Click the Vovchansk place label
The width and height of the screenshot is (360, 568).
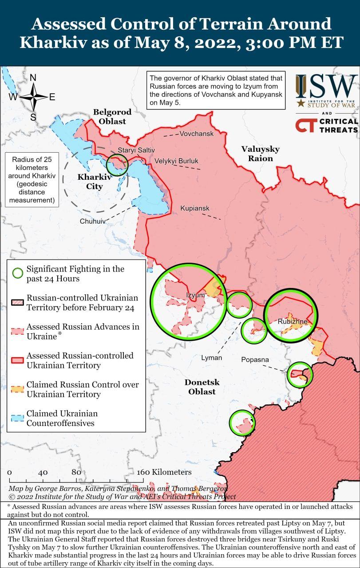click(196, 134)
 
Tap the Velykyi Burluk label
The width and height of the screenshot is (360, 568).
click(176, 161)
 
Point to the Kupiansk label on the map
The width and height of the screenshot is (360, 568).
click(194, 208)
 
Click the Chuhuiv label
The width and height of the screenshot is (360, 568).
click(92, 221)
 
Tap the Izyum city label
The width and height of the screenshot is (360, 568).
click(195, 295)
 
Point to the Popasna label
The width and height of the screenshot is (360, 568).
click(256, 359)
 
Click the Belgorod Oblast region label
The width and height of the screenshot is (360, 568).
click(109, 116)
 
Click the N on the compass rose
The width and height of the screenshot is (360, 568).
click(33, 78)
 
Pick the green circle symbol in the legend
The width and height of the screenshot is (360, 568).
click(17, 273)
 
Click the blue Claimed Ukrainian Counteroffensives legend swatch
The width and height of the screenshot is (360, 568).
click(17, 418)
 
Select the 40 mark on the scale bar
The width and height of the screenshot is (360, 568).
click(43, 473)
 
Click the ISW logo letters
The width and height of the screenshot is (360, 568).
click(327, 87)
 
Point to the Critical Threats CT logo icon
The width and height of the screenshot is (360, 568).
click(305, 125)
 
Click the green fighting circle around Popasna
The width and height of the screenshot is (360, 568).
click(300, 374)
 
